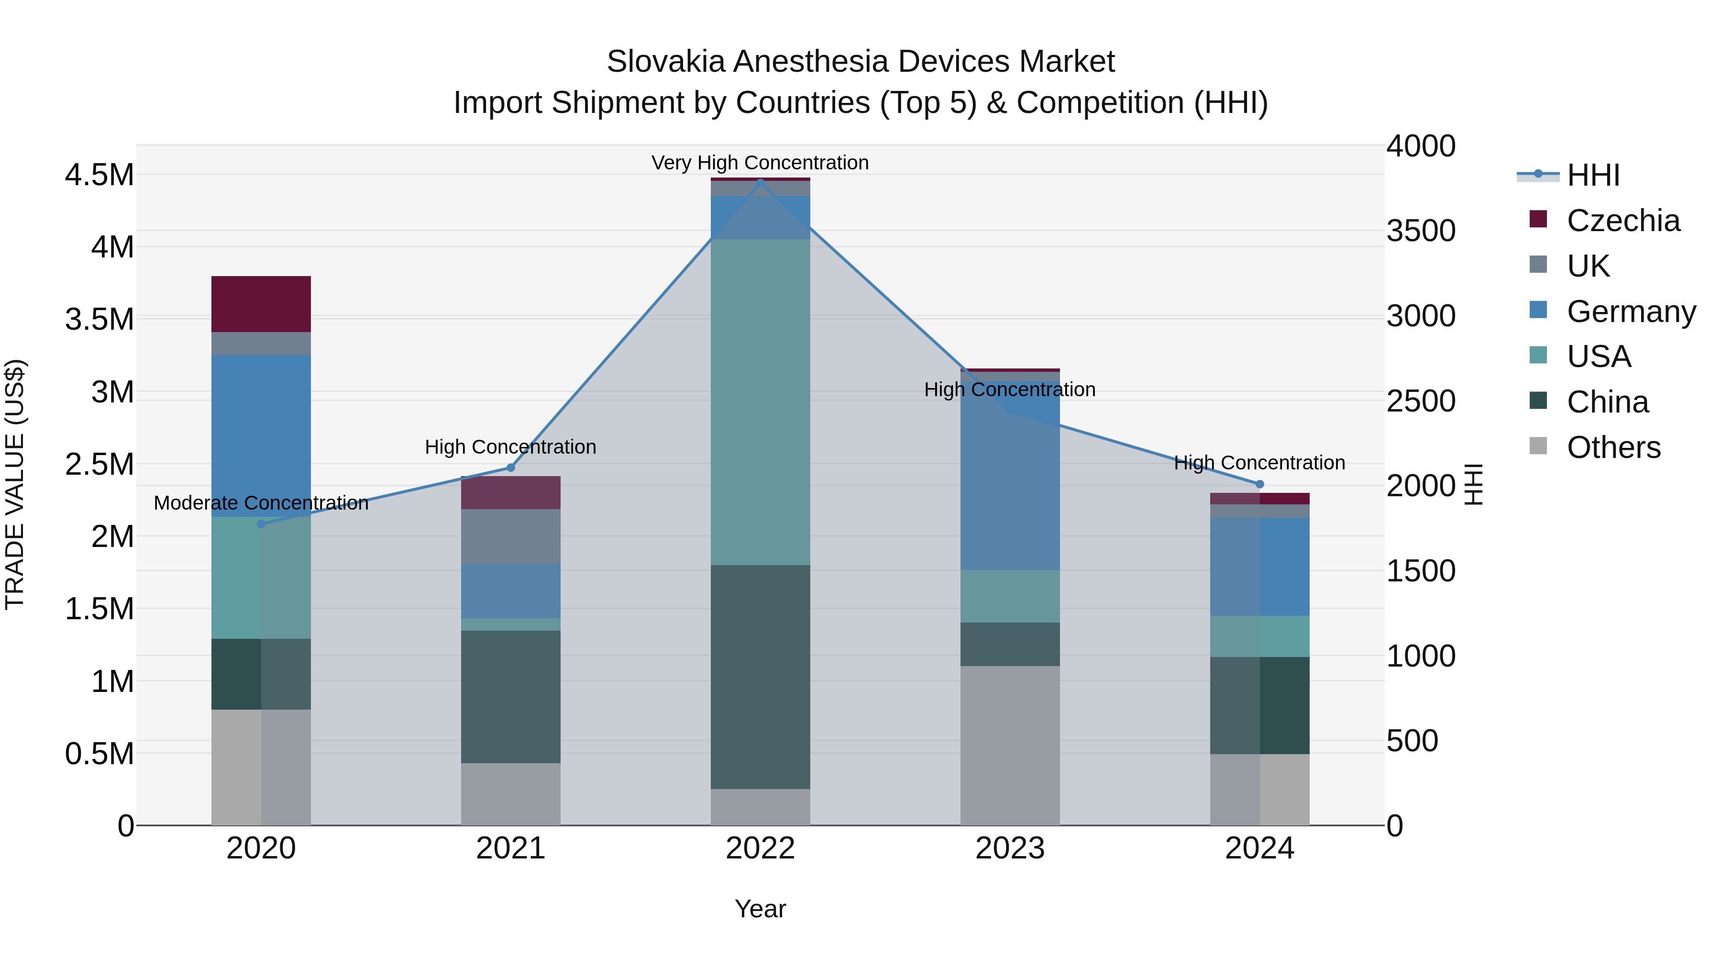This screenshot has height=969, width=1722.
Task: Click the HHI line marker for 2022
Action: pyautogui.click(x=760, y=183)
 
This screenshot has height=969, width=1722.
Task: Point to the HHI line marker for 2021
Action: pyautogui.click(x=511, y=468)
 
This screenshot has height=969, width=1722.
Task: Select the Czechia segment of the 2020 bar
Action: pyautogui.click(x=261, y=304)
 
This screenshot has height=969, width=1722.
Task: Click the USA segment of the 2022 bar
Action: pyautogui.click(x=760, y=401)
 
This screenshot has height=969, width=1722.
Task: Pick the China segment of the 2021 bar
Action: pyautogui.click(x=511, y=696)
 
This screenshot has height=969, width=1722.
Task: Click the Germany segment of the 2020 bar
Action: pyautogui.click(x=261, y=435)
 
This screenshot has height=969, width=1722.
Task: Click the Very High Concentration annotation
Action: pyautogui.click(x=760, y=163)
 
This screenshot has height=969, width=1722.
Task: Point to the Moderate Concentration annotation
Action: pyautogui.click(x=261, y=503)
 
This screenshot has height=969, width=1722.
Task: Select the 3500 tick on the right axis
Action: pyautogui.click(x=1421, y=231)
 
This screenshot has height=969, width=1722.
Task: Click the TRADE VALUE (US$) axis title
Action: pyautogui.click(x=15, y=484)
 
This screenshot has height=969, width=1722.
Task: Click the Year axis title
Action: pyautogui.click(x=760, y=909)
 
